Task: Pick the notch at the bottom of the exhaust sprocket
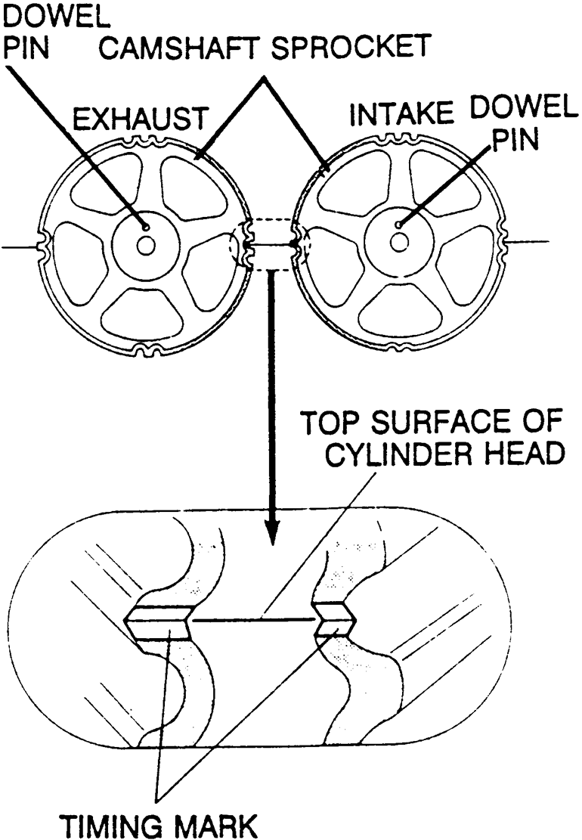pos(147,351)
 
